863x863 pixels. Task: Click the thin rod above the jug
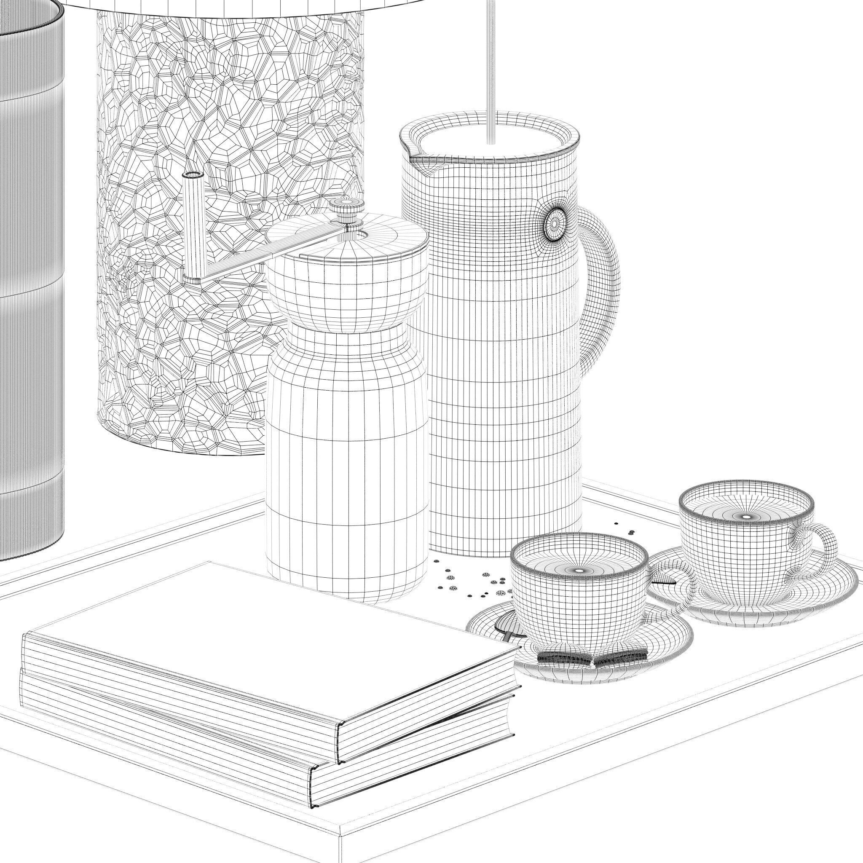(492, 67)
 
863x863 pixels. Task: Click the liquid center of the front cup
(579, 571)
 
